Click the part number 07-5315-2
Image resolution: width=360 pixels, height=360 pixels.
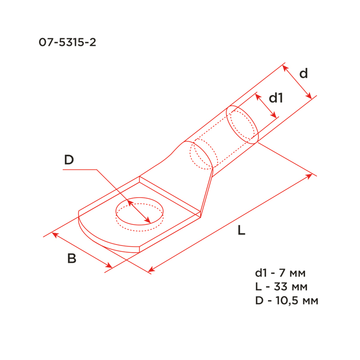67,42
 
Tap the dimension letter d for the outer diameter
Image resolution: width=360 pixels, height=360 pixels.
303,73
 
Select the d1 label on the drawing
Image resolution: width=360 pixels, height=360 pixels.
276,98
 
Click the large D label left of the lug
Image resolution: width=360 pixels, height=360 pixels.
69,160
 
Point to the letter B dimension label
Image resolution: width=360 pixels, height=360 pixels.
72,258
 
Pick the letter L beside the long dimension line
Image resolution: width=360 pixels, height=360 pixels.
241,230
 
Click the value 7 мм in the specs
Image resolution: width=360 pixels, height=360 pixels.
292,273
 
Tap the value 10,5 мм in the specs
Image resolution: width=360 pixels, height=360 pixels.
297,301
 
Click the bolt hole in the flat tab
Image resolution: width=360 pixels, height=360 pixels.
139,198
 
